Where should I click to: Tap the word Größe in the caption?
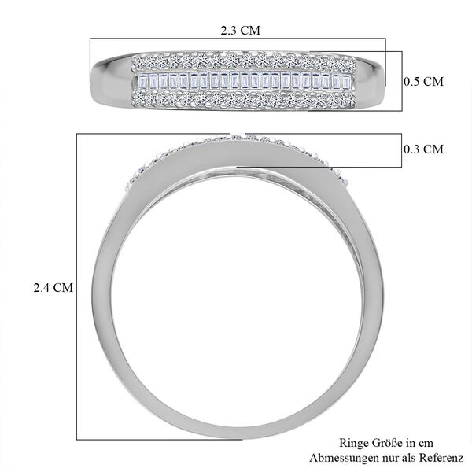[389, 444]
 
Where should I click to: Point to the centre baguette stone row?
[238, 82]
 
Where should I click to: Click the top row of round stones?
[238, 61]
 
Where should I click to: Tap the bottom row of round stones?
[238, 99]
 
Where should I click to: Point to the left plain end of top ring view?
[110, 79]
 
